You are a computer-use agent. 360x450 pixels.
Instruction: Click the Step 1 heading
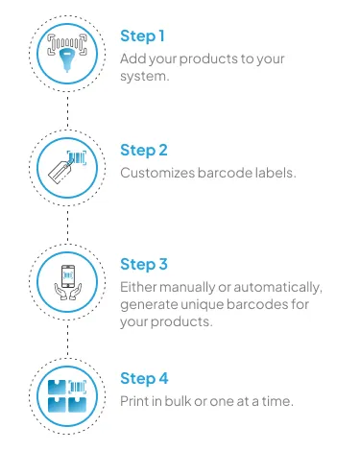pos(142,36)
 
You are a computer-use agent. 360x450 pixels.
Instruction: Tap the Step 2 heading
pos(144,151)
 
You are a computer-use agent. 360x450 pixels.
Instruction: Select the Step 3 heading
pos(144,264)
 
